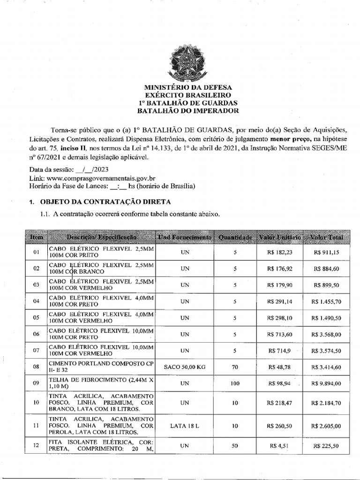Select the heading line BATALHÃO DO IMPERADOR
(187, 111)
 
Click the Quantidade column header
(235, 238)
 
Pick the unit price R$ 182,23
(280, 252)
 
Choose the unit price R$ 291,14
(280, 301)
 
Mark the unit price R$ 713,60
(280, 334)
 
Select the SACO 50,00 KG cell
(185, 367)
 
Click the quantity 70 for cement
(235, 367)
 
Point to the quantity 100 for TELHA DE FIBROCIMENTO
(235, 383)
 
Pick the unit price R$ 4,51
(280, 446)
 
